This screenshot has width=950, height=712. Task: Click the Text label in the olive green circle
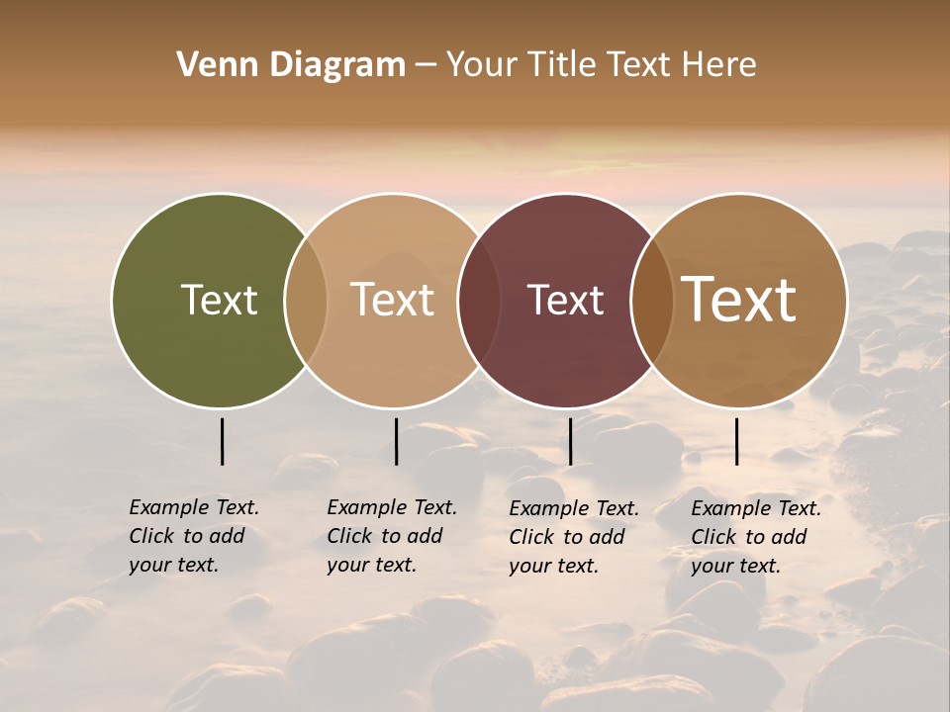tap(219, 300)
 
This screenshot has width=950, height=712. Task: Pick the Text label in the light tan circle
tap(393, 300)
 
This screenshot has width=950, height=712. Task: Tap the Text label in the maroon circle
tap(565, 300)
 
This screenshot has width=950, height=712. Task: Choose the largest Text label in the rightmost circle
tap(739, 300)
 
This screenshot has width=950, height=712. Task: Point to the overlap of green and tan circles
tap(306, 300)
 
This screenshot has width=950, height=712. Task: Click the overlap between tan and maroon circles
tap(479, 300)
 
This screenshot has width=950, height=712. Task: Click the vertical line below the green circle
tap(222, 441)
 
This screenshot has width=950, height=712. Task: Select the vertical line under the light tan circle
tap(396, 441)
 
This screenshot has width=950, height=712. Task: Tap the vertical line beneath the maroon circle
tap(570, 441)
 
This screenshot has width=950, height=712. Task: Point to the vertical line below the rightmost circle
tap(736, 441)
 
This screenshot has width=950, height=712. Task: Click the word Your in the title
tap(482, 65)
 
